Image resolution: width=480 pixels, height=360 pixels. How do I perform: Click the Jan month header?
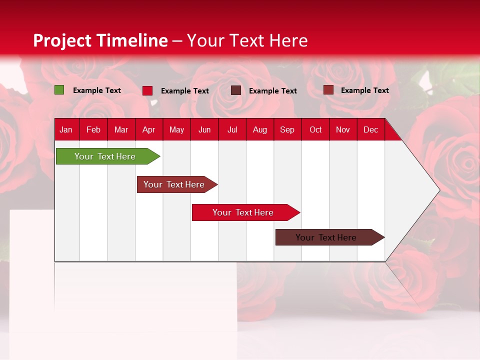coord(66,129)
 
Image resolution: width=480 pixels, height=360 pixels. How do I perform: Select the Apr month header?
coord(149,129)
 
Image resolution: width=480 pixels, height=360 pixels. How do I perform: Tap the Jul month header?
coord(232,129)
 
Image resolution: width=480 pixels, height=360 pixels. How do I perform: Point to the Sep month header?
coord(287,129)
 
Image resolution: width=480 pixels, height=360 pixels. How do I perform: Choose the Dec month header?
coord(370,129)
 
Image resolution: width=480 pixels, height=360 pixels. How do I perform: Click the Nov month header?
coord(343,129)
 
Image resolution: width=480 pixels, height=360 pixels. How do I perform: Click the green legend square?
coord(59,90)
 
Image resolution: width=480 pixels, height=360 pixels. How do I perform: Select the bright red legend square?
coord(147,90)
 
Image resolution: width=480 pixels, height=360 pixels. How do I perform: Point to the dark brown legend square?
coord(236,90)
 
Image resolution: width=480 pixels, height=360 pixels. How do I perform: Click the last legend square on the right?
coord(328,90)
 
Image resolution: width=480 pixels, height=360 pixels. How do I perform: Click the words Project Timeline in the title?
coord(100,40)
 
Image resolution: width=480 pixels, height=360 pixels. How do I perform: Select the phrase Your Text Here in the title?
coord(247,40)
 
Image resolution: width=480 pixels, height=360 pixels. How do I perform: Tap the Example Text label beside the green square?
coord(97,90)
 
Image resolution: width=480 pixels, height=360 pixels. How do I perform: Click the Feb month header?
coord(93,129)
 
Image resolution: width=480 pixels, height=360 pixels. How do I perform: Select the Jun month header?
coord(204,129)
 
